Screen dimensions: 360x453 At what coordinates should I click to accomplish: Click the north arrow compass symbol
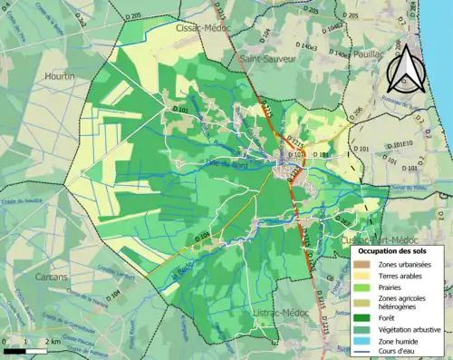click(405, 69)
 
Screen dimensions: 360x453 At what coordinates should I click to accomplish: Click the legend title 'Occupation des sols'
click(393, 249)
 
